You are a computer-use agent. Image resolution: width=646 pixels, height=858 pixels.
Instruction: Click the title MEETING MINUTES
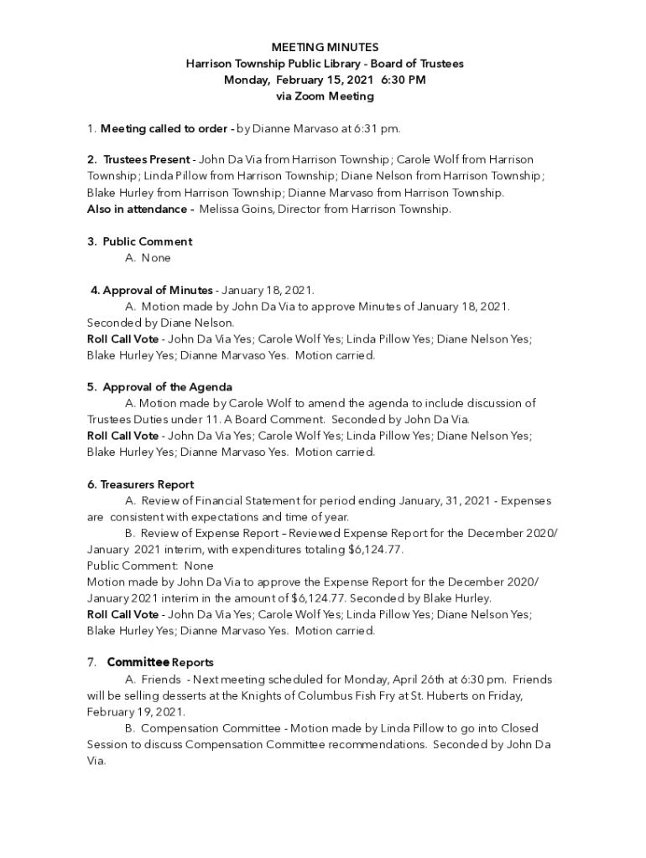pos(325,48)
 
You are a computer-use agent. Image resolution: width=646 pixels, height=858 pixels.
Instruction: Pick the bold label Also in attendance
pos(139,209)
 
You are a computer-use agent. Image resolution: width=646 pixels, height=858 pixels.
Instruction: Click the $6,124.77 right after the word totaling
pos(375,550)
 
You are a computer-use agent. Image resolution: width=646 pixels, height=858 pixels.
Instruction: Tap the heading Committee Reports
pos(160,663)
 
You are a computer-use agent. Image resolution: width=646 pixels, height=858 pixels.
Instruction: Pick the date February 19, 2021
pos(135,712)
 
